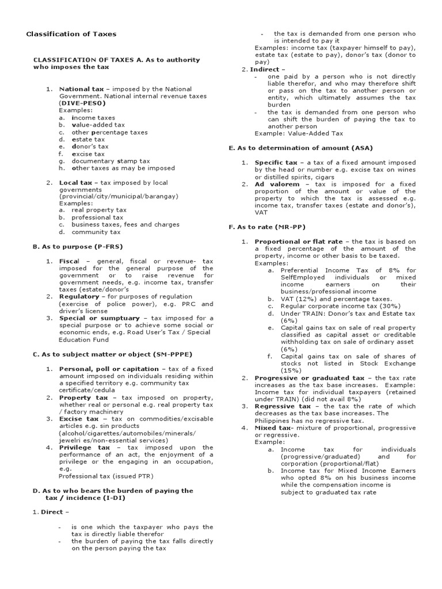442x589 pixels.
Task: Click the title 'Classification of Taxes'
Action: (71, 34)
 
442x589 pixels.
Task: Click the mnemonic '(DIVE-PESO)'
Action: (82, 103)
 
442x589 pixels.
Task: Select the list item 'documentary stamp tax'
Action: (110, 161)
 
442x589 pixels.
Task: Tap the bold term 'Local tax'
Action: (75, 182)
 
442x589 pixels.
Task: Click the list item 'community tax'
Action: (96, 232)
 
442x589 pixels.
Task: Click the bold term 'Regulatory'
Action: (79, 296)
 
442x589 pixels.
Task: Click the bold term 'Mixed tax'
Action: (272, 428)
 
